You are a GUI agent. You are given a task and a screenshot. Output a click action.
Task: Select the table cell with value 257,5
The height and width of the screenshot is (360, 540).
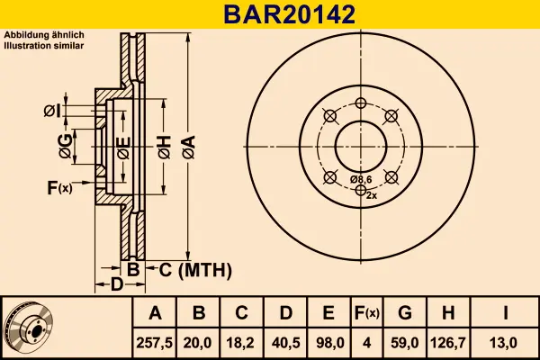pos(156,341)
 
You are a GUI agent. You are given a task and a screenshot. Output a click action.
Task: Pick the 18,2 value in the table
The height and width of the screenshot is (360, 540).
pos(242,341)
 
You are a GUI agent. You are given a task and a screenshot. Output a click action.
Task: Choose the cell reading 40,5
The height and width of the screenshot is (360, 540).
pos(286,341)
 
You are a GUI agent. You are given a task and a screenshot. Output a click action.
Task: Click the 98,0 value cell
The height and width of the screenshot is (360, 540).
pos(328,341)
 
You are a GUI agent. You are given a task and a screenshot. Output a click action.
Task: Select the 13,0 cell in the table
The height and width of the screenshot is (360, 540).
pos(507,341)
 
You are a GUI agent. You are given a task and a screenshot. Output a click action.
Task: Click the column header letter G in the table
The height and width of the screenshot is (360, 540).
pos(405,313)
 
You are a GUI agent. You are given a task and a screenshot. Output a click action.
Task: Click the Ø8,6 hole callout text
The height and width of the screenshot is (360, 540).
pos(362,180)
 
